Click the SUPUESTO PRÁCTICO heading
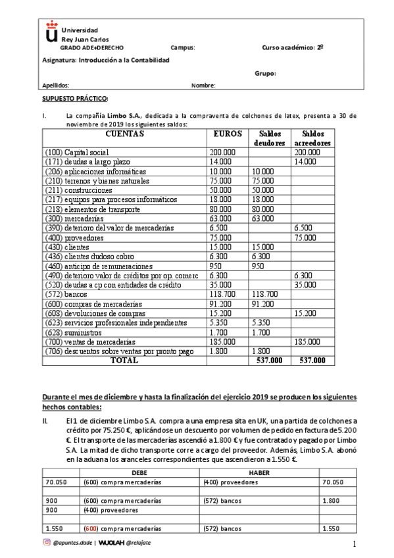click(x=74, y=98)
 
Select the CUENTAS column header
click(x=124, y=134)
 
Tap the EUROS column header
click(x=228, y=134)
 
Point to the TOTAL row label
click(x=124, y=361)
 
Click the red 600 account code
click(x=91, y=528)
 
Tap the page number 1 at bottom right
click(x=353, y=544)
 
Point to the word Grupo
click(x=265, y=74)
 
